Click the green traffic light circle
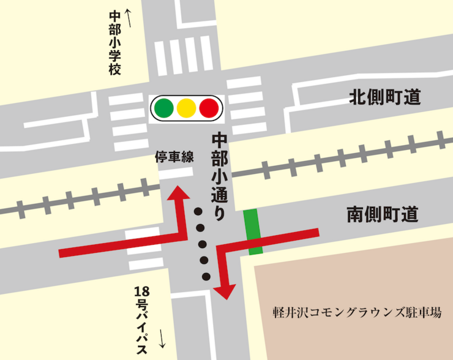164,108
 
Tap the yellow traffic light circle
186,108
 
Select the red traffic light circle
209,108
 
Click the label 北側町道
385,97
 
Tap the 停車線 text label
174,157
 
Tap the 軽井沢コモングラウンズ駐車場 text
357,312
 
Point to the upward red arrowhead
178,192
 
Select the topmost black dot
198,212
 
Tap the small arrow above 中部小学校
128,12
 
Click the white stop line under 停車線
175,174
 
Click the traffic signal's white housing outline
187,97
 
